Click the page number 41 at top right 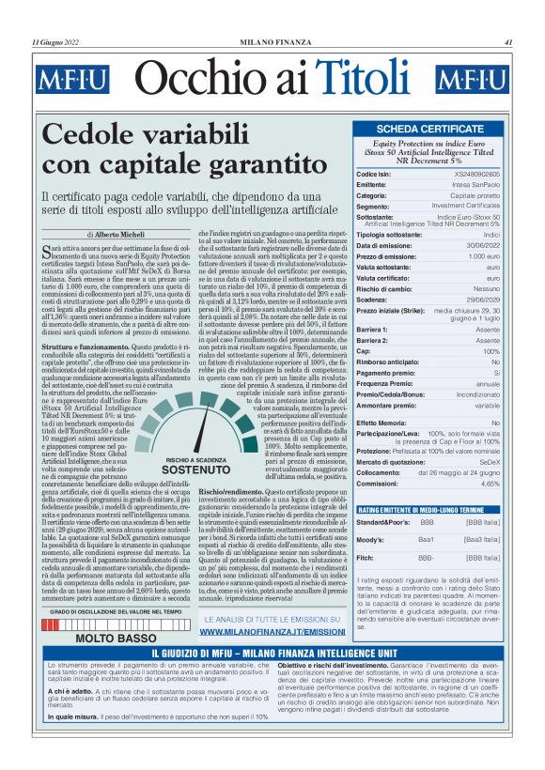(x=508, y=42)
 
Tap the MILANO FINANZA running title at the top (x=272, y=42)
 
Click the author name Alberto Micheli (x=120, y=233)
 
